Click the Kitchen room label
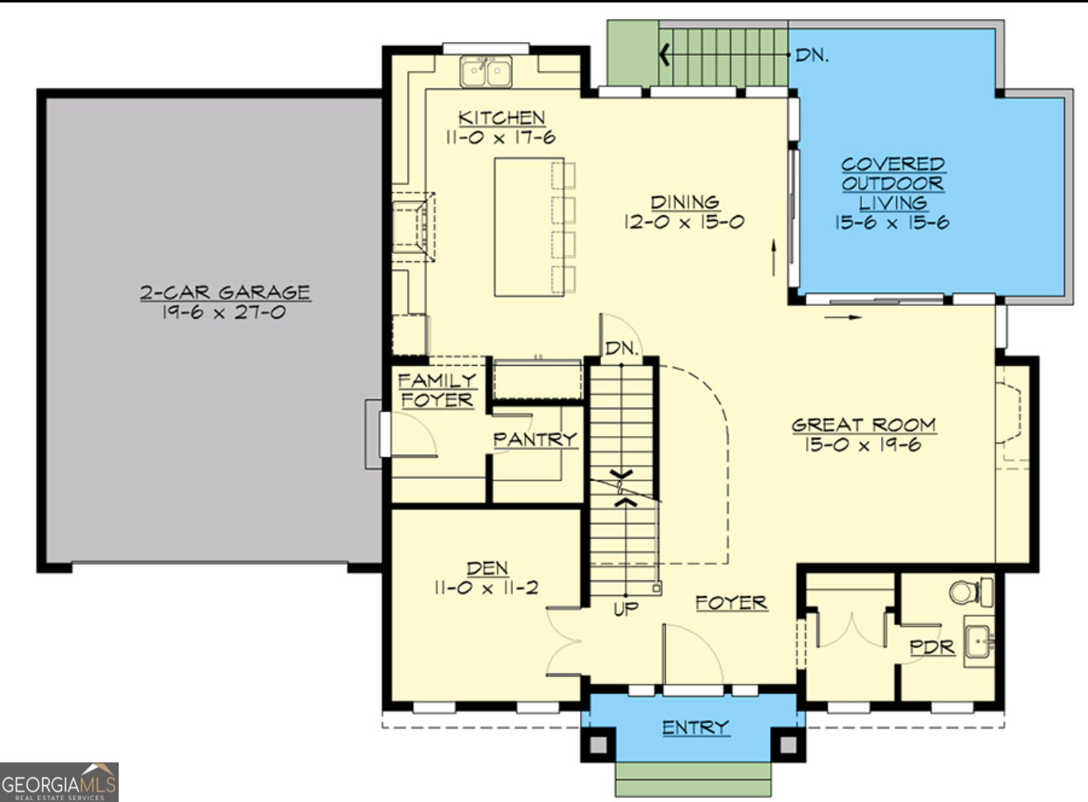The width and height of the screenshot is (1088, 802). pos(501,118)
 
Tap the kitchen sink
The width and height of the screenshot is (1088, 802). pos(485,72)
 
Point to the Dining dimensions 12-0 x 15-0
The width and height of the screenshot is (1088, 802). pos(683,222)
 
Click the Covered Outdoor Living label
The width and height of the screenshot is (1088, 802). pos(892,183)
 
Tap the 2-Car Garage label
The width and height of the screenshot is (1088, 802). pos(224,293)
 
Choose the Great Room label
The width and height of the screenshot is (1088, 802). pos(863,424)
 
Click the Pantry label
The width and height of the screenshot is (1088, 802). pos(535,439)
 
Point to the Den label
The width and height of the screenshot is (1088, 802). pos(487,569)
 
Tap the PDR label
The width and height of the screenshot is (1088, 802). pos(931,648)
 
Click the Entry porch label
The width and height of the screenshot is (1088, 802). pos(696,727)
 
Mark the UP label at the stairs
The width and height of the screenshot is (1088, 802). pos(626,609)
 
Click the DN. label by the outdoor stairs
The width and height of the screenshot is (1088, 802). pos(811,55)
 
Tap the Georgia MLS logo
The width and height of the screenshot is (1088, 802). pos(59,782)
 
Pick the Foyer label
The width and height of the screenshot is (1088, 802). pos(730,603)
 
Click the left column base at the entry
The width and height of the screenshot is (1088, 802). pos(598,744)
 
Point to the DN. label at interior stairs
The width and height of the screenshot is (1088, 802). pos(621,349)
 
